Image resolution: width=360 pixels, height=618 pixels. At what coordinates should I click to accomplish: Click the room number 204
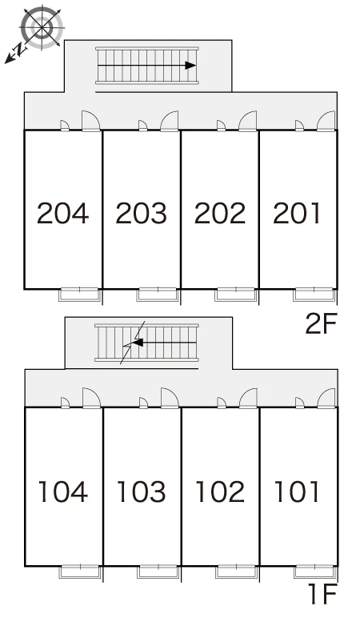click(x=63, y=213)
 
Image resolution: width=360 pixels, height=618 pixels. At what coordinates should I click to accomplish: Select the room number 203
click(x=142, y=213)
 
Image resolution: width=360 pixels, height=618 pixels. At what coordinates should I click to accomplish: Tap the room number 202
click(x=220, y=213)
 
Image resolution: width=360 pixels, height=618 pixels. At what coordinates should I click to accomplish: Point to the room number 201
click(x=296, y=213)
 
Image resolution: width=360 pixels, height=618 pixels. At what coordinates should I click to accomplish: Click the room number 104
click(x=63, y=492)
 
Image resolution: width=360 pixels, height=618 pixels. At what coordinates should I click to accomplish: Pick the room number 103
click(x=142, y=492)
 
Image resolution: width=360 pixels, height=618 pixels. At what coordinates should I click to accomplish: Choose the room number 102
click(x=220, y=492)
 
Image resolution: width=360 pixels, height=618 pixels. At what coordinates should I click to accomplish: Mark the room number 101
click(x=296, y=492)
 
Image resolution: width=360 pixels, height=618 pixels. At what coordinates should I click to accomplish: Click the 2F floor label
click(x=322, y=323)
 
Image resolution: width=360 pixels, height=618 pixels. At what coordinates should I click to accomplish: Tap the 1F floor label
click(x=323, y=594)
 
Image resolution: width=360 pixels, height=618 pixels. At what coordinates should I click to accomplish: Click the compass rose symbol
click(x=42, y=27)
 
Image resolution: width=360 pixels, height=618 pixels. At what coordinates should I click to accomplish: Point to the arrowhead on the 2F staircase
click(x=190, y=66)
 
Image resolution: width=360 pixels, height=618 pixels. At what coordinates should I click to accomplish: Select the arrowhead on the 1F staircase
click(x=138, y=343)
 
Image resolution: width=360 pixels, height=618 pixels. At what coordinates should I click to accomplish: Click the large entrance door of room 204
click(x=91, y=121)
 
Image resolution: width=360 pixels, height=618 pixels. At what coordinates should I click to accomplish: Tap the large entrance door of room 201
click(x=326, y=121)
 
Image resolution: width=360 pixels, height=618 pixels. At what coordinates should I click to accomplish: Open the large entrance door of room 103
click(x=170, y=398)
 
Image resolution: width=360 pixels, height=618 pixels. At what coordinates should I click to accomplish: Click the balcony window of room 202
click(x=236, y=295)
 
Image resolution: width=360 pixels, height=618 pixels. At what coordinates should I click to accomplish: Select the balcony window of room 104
click(x=80, y=572)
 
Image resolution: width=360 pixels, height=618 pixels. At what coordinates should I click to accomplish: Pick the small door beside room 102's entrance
click(x=222, y=403)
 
